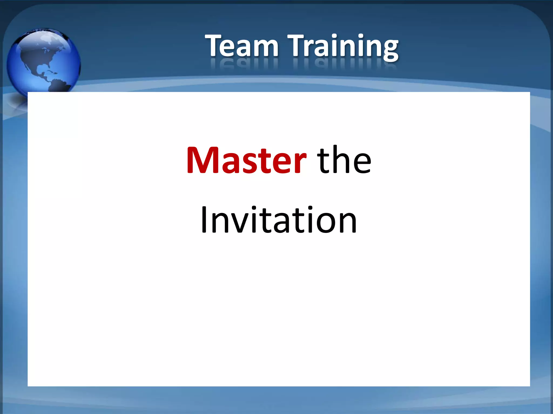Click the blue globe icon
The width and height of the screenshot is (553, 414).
tap(43, 61)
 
